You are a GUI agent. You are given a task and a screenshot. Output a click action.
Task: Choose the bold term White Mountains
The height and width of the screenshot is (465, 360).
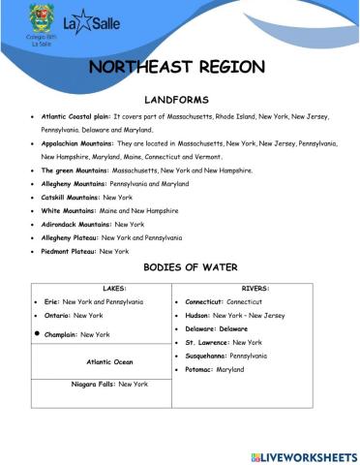[x=67, y=209]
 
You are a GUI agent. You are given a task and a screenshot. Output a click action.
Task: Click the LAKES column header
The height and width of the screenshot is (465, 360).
[x=102, y=288]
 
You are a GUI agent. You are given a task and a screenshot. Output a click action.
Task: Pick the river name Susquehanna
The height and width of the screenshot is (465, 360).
[x=210, y=356]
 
